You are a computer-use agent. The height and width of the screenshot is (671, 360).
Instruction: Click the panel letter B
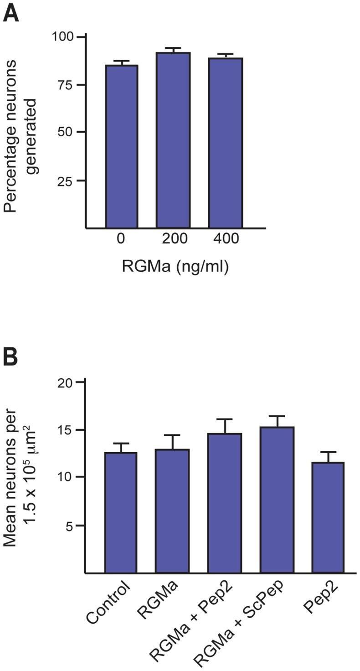tap(11, 357)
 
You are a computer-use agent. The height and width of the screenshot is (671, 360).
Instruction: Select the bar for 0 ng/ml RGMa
tap(121, 146)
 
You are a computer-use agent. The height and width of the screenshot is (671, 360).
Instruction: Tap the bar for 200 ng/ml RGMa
tap(173, 139)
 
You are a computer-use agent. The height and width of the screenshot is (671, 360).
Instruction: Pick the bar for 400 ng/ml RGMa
tap(226, 142)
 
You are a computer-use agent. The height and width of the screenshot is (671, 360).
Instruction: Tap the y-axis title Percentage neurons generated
tap(21, 132)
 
